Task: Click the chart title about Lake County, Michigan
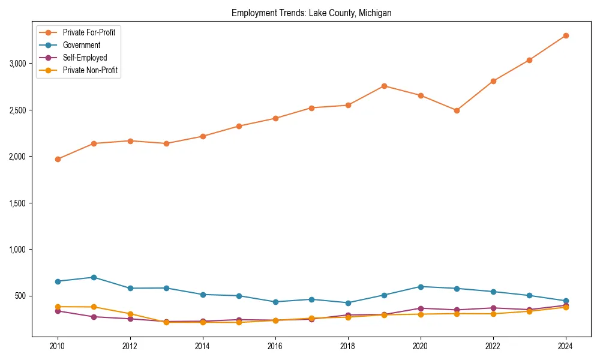311,13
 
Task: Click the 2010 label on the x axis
58,347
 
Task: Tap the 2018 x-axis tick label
348,347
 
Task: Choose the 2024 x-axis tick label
566,347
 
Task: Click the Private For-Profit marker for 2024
566,35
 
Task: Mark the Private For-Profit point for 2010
58,159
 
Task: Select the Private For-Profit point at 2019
384,86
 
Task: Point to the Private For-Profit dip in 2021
457,110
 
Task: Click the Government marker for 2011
94,277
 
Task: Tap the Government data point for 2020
421,287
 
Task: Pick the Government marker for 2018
348,303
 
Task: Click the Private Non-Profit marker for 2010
58,307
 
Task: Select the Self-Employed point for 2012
130,319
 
